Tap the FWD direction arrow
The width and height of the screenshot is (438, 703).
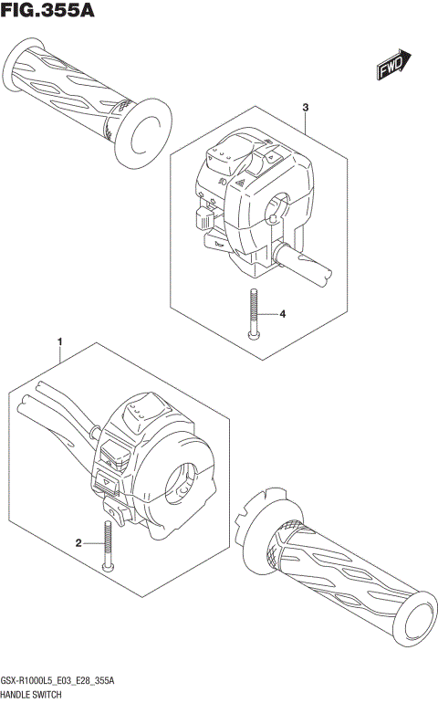pyautogui.click(x=393, y=65)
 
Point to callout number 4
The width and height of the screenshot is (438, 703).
pyautogui.click(x=283, y=314)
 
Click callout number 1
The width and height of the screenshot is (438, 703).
pyautogui.click(x=60, y=344)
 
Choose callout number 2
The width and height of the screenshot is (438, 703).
pyautogui.click(x=79, y=543)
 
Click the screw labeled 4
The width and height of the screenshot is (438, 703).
pyautogui.click(x=255, y=315)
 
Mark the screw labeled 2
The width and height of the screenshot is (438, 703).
pyautogui.click(x=108, y=545)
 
